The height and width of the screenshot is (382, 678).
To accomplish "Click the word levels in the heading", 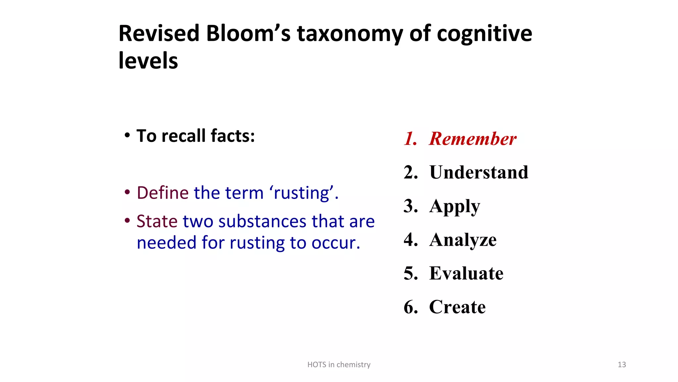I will tap(148, 61).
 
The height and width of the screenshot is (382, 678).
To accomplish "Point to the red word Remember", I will tap(472, 139).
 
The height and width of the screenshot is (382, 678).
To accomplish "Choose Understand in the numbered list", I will tap(479, 172).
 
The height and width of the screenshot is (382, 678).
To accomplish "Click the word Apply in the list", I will tap(455, 207).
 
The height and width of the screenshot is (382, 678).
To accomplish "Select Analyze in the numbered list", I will tap(463, 240).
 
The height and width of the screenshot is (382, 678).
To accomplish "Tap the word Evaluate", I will tap(466, 273).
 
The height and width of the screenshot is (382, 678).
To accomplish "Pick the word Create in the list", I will tap(457, 307).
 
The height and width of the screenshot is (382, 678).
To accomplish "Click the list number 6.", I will tap(410, 307).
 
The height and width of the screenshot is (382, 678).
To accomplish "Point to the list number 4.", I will tap(410, 240).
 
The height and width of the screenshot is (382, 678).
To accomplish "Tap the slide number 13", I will tap(622, 365).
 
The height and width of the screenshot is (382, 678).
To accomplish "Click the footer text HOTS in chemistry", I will tap(339, 365).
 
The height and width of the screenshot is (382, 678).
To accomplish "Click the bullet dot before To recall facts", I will tap(127, 136).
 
